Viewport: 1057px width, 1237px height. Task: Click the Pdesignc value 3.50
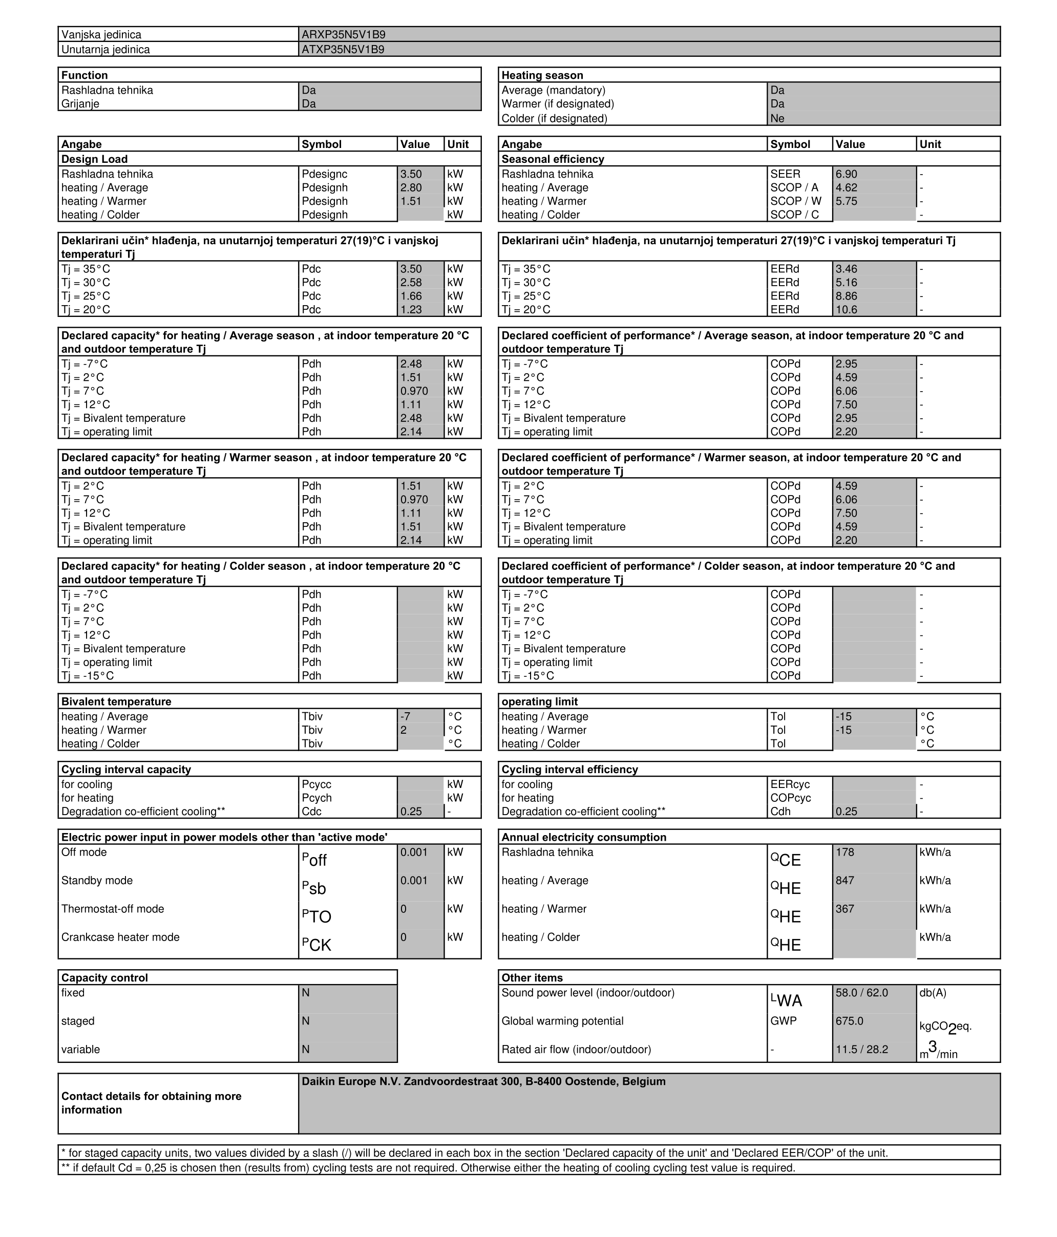pyautogui.click(x=411, y=174)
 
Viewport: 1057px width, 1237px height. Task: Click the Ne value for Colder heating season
pyautogui.click(x=777, y=118)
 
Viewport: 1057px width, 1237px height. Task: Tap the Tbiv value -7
pyautogui.click(x=406, y=716)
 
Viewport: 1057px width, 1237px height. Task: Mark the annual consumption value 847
pyautogui.click(x=844, y=881)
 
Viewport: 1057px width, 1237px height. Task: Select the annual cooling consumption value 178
pyautogui.click(x=844, y=852)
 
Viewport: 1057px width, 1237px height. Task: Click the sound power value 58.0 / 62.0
pyautogui.click(x=861, y=993)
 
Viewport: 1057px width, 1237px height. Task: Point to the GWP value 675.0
pyautogui.click(x=849, y=1021)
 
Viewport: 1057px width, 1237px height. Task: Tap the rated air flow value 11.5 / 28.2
pyautogui.click(x=861, y=1050)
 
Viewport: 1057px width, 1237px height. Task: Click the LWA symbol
pyautogui.click(x=786, y=1000)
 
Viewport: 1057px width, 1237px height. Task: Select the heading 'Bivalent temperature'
pyautogui.click(x=116, y=701)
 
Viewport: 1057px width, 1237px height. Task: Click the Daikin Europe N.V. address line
pyautogui.click(x=483, y=1081)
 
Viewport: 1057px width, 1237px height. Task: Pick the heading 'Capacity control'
pyautogui.click(x=104, y=977)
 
